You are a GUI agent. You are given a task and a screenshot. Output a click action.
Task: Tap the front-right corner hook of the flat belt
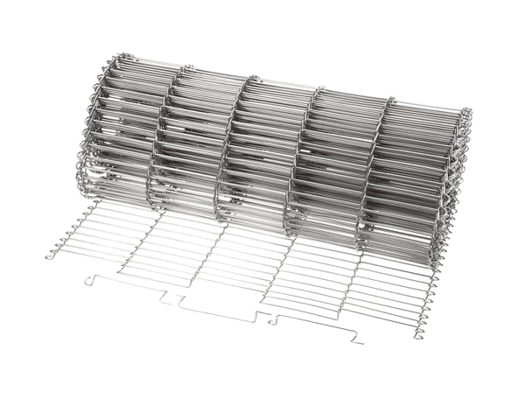point(419,335)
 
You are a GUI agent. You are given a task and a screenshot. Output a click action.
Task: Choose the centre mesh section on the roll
point(267,157)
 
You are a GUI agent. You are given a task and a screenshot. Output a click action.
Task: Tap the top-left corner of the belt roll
point(114,59)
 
